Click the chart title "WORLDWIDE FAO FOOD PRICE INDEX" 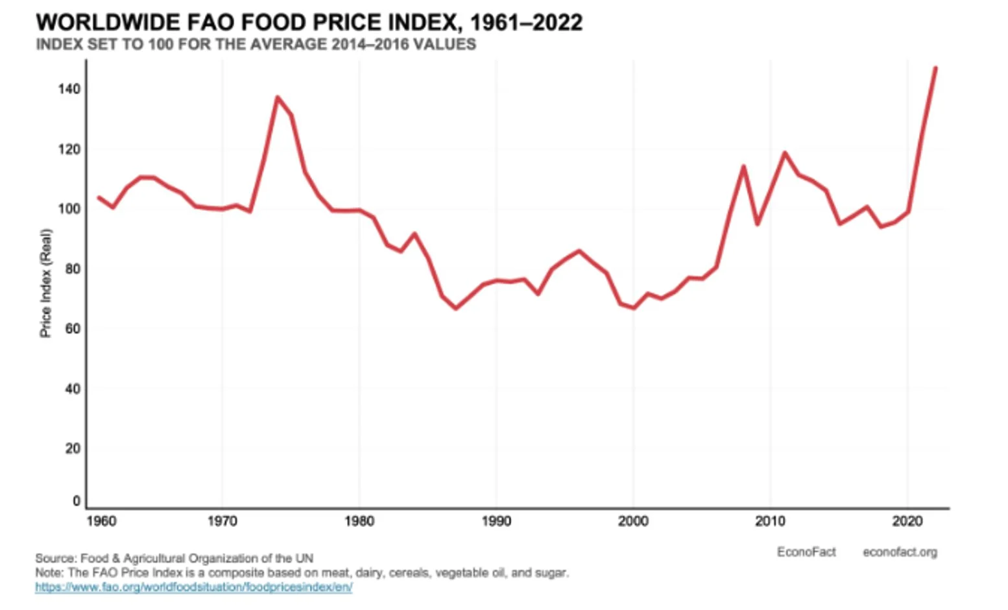click(309, 23)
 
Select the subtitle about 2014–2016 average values click(256, 45)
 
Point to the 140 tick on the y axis click(69, 89)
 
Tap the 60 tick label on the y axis click(73, 328)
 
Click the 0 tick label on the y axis click(77, 501)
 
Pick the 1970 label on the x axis click(222, 521)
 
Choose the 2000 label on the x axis click(633, 521)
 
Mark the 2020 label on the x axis click(907, 521)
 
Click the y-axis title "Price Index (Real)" click(45, 283)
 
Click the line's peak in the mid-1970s click(277, 98)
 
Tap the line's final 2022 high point click(935, 68)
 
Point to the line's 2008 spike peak click(743, 167)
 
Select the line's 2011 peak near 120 click(784, 153)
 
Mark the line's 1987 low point click(455, 308)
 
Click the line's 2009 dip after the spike click(757, 224)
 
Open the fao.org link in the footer click(193, 587)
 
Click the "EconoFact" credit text click(806, 552)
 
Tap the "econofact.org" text click(900, 552)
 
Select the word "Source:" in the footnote click(56, 558)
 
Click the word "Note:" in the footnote click(49, 573)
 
